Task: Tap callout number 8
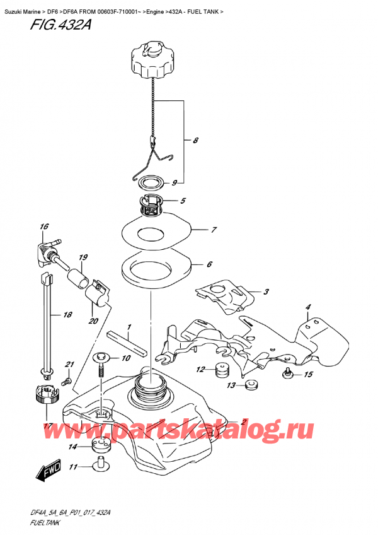click(x=196, y=141)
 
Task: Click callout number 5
click(x=183, y=202)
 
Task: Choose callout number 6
click(x=209, y=265)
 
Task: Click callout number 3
click(x=266, y=291)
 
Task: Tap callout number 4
click(x=309, y=307)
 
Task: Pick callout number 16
click(x=43, y=226)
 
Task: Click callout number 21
click(x=70, y=365)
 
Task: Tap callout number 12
click(x=200, y=370)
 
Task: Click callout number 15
click(x=308, y=375)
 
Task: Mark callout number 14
click(x=74, y=447)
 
